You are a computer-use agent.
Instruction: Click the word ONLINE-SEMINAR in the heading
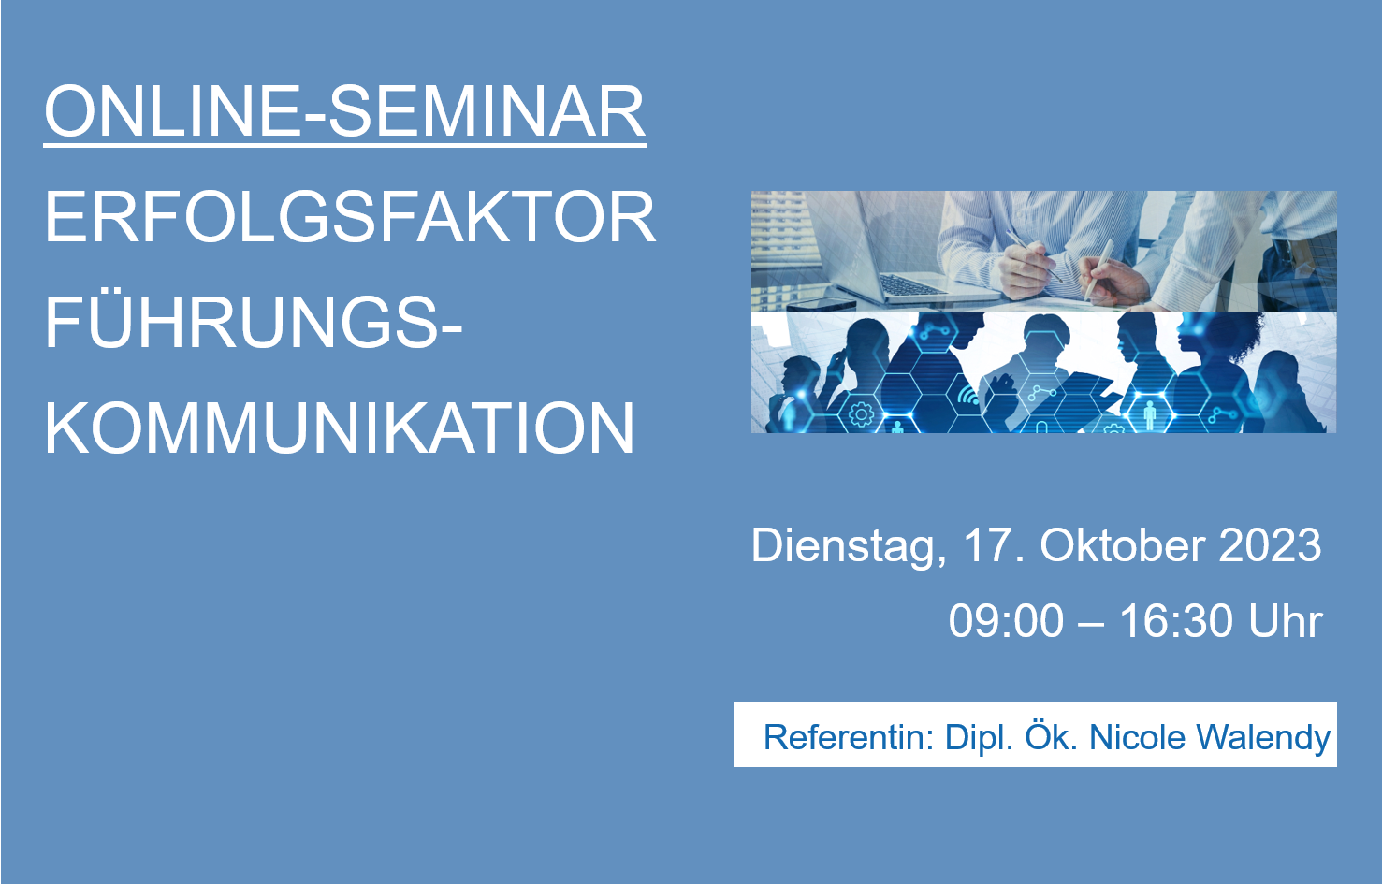(345, 111)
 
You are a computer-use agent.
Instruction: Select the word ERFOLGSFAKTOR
(350, 217)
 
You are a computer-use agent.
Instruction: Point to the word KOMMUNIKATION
(340, 428)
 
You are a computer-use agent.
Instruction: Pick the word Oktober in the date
(1123, 545)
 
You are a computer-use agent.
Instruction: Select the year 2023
(1270, 545)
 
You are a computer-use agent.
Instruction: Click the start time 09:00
(1006, 620)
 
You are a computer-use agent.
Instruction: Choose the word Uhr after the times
(1286, 620)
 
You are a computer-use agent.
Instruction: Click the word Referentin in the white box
(849, 737)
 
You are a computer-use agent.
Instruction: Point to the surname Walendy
(1263, 738)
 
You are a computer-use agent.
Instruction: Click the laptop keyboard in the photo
(913, 285)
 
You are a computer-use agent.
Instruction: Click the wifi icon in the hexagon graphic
(967, 394)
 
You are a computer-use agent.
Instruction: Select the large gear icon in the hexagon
(861, 413)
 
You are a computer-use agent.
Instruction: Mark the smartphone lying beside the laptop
(822, 304)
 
